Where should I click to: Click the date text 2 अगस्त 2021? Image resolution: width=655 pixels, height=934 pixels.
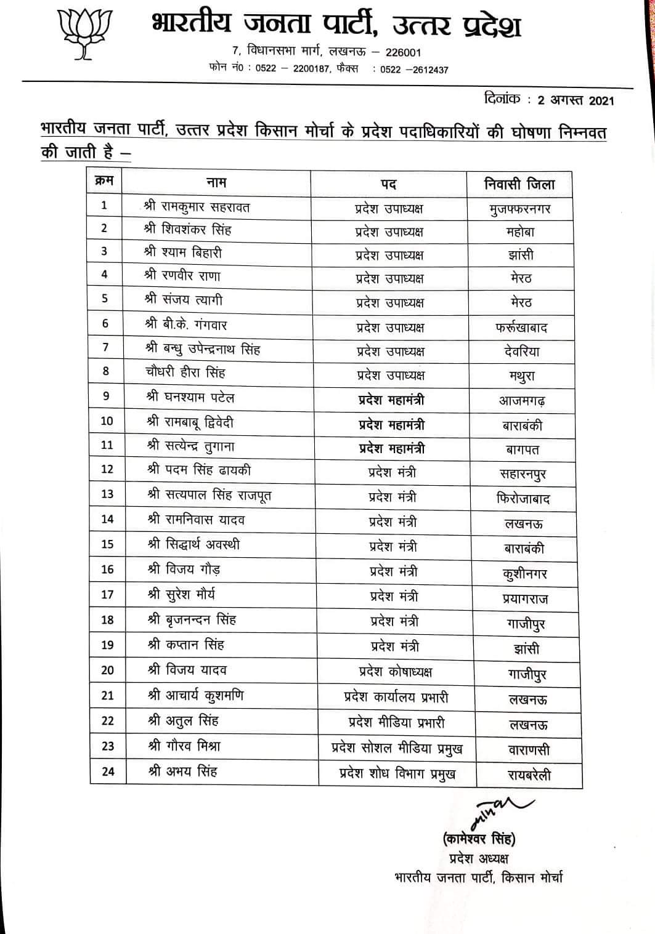click(576, 100)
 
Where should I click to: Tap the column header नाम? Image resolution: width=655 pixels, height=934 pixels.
click(216, 182)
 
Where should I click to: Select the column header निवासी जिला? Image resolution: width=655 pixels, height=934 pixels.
click(519, 184)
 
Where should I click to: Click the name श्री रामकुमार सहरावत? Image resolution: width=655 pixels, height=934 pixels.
click(197, 207)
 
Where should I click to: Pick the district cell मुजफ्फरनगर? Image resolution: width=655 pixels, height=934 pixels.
click(519, 209)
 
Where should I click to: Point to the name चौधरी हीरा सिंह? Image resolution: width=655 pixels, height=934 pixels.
click(185, 372)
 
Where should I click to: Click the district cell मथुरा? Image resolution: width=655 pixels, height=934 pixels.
click(522, 376)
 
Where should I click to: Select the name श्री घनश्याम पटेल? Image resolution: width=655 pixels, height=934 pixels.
click(190, 397)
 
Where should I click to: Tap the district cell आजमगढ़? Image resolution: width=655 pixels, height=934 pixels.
click(522, 401)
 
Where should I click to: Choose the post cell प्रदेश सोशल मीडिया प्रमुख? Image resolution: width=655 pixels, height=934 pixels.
click(397, 748)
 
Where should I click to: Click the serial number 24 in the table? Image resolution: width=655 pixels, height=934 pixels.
click(108, 771)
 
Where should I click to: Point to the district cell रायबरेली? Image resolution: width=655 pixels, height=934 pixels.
click(529, 775)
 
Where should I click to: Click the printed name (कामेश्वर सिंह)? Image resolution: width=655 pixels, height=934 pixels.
click(479, 839)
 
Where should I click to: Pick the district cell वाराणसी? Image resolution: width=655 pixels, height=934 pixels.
click(529, 750)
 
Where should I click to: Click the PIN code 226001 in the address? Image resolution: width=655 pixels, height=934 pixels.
click(403, 52)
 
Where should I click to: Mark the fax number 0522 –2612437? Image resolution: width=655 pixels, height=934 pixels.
click(414, 70)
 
